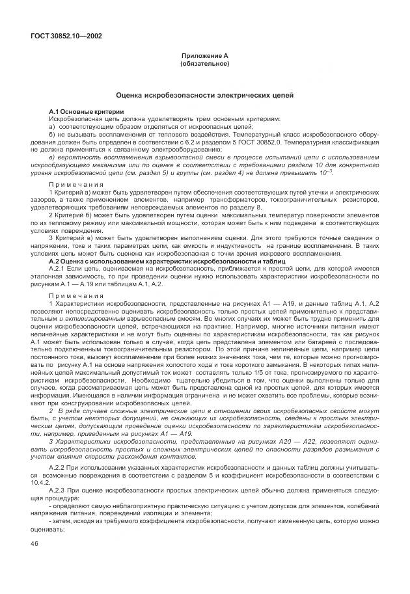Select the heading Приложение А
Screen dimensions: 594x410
[x=204, y=57]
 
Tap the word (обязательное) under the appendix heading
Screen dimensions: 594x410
[x=204, y=64]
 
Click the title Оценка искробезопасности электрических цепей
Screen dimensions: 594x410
[x=204, y=95]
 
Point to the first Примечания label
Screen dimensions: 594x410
[x=72, y=185]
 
